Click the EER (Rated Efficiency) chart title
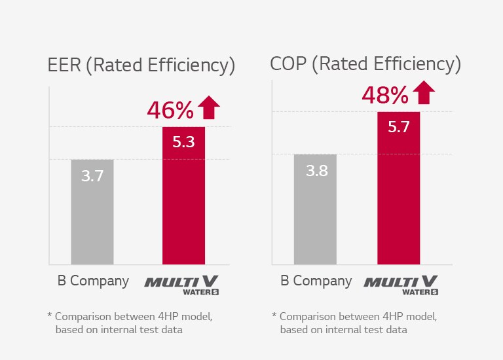(141, 65)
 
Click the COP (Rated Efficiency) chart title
(365, 64)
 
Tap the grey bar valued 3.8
(315, 209)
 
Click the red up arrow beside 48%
(424, 92)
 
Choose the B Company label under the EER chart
(92, 281)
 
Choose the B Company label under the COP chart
(316, 281)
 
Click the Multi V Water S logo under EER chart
(182, 284)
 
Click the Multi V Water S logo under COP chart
(401, 284)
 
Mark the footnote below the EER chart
(130, 323)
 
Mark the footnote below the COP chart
(354, 323)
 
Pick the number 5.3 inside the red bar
(184, 142)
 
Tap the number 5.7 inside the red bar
(398, 128)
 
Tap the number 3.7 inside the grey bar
(92, 176)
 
